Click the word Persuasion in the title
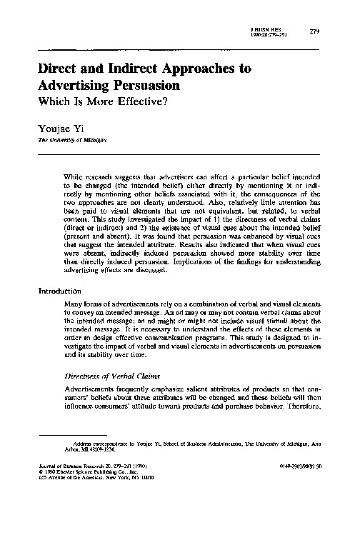[x=141, y=86]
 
